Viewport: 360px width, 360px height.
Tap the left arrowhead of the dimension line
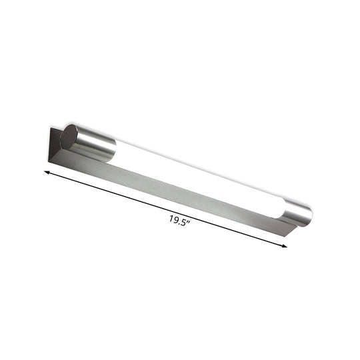pyautogui.click(x=47, y=172)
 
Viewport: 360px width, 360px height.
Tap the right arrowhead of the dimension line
pyautogui.click(x=285, y=246)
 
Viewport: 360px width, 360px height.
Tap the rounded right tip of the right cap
pyautogui.click(x=309, y=215)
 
